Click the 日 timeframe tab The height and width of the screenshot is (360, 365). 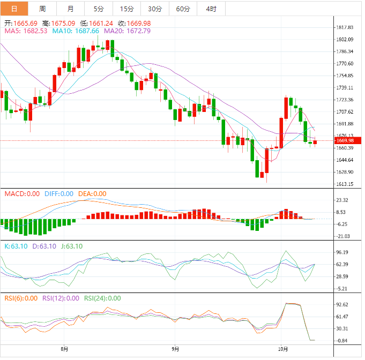(14, 9)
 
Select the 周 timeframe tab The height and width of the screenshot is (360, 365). (42, 9)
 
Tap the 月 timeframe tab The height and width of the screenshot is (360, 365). (71, 9)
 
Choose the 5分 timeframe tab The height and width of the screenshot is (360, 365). (99, 9)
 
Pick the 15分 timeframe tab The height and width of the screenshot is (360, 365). (127, 9)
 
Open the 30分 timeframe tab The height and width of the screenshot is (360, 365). (155, 9)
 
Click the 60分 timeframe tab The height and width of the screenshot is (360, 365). (183, 9)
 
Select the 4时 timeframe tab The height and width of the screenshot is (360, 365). (211, 9)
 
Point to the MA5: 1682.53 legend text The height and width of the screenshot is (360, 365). (26, 31)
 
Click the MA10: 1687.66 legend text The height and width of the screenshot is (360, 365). (76, 31)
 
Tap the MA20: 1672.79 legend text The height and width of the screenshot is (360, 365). (127, 31)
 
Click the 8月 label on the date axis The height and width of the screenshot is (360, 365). (65, 349)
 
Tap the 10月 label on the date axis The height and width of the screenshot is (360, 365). (282, 349)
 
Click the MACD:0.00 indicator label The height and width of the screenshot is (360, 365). (22, 193)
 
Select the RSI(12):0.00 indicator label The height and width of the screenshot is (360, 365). (61, 298)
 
